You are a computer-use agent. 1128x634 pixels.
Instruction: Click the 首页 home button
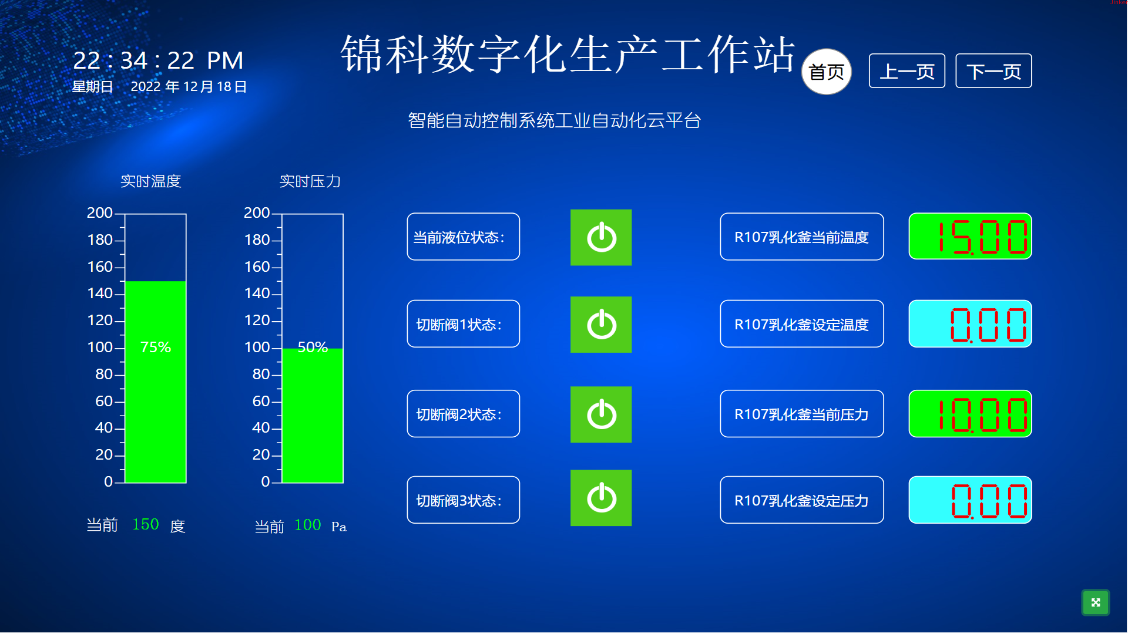tap(826, 72)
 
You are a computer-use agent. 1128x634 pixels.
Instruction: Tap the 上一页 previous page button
tap(907, 71)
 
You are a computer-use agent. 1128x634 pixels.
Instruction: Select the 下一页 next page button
tap(993, 71)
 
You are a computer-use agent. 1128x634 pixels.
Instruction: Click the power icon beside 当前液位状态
tap(601, 237)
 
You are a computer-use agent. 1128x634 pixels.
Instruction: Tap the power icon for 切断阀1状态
tap(601, 325)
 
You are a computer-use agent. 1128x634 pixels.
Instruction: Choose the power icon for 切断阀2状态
tap(601, 414)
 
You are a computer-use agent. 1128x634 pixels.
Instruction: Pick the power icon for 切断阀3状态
tap(601, 498)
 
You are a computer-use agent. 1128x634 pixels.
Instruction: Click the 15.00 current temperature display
tap(970, 236)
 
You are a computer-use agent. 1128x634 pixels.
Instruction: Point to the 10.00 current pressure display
tap(970, 414)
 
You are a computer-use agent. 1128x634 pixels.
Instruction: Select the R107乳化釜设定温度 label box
tap(802, 324)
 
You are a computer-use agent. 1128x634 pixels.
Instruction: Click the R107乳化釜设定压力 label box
tap(802, 500)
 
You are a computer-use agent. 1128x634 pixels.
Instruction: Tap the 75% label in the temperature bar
tap(156, 347)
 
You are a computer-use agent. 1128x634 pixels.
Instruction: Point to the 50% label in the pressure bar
tap(313, 347)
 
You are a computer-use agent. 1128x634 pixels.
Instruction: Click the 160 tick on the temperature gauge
tap(100, 267)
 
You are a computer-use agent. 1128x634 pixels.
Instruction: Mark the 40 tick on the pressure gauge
tap(261, 427)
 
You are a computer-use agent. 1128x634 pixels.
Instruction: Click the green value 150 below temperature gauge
tap(146, 524)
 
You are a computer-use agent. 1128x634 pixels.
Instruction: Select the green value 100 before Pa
tap(308, 525)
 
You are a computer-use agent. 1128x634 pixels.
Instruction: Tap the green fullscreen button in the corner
tap(1096, 602)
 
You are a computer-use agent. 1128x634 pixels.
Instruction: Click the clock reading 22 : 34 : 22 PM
tap(158, 60)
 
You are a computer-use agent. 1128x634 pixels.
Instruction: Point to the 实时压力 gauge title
tap(310, 181)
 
